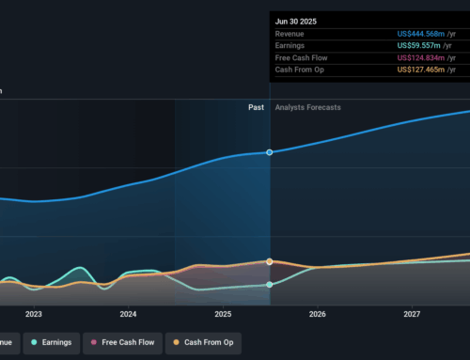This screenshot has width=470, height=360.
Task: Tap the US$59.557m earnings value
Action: pyautogui.click(x=429, y=45)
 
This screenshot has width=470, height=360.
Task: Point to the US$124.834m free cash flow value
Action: pyautogui.click(x=426, y=56)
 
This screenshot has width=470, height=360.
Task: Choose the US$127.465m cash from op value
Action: pyautogui.click(x=426, y=68)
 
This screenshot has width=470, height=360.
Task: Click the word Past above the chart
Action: pyautogui.click(x=256, y=107)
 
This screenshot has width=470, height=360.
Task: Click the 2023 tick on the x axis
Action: pyautogui.click(x=34, y=315)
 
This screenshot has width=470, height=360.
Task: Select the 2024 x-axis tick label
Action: pyautogui.click(x=129, y=315)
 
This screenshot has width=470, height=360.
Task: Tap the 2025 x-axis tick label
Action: pyautogui.click(x=223, y=315)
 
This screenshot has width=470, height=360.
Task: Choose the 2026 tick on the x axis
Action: pyautogui.click(x=318, y=315)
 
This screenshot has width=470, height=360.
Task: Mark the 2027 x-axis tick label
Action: pyautogui.click(x=412, y=315)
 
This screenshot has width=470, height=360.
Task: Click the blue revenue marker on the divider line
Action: pyautogui.click(x=270, y=152)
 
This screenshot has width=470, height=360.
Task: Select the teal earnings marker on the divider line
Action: pyautogui.click(x=270, y=284)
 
